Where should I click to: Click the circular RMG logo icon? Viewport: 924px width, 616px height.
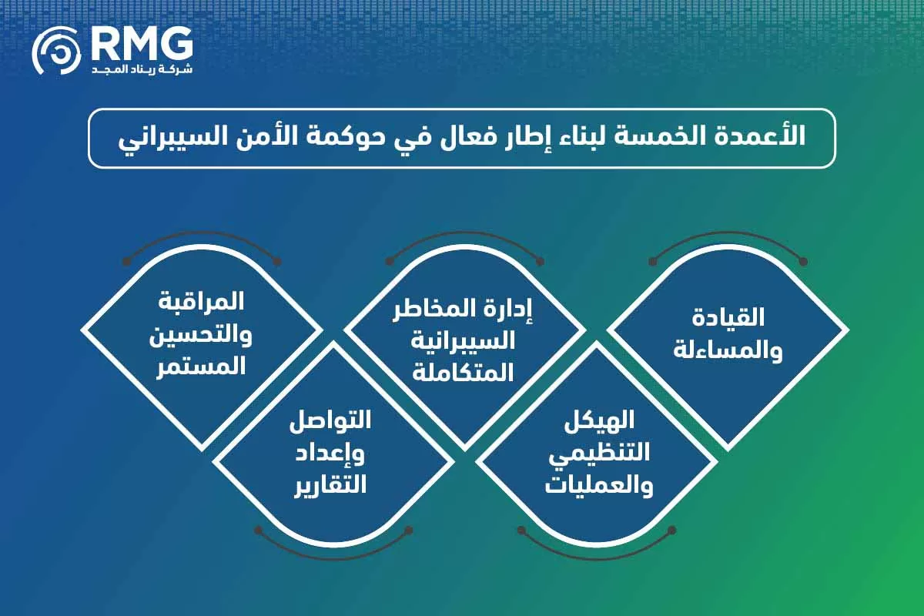[x=56, y=51]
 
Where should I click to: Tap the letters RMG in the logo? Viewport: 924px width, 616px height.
[x=142, y=45]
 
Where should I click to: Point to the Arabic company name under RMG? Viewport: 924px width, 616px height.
[x=142, y=69]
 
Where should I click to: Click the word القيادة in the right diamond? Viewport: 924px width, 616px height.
[x=728, y=317]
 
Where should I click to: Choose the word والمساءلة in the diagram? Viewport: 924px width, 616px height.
[x=728, y=350]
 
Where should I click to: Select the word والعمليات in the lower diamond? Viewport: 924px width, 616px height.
[x=600, y=487]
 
